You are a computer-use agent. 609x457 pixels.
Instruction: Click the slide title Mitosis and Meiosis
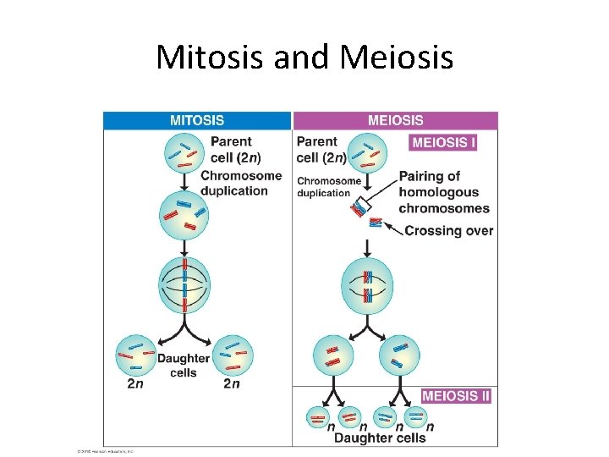(304, 58)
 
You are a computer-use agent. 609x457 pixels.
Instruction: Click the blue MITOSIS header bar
(197, 121)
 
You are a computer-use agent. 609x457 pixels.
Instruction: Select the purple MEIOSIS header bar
(395, 121)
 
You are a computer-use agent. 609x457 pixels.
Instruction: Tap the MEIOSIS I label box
(443, 142)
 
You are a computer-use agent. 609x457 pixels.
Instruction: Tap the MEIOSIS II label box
(456, 395)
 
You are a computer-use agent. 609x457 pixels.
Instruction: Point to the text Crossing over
(448, 230)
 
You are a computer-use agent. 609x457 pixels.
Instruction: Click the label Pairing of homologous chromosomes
(444, 192)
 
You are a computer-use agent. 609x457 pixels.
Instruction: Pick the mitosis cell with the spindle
(184, 284)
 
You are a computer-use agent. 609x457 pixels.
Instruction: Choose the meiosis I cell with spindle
(367, 286)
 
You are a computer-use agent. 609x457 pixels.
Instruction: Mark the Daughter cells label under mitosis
(183, 366)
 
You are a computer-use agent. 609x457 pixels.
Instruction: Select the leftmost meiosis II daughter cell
(319, 416)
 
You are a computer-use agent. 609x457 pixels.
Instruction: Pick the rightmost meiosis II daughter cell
(414, 416)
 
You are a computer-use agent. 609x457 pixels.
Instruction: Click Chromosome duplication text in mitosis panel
(240, 183)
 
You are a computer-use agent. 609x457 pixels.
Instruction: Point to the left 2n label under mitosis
(134, 383)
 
